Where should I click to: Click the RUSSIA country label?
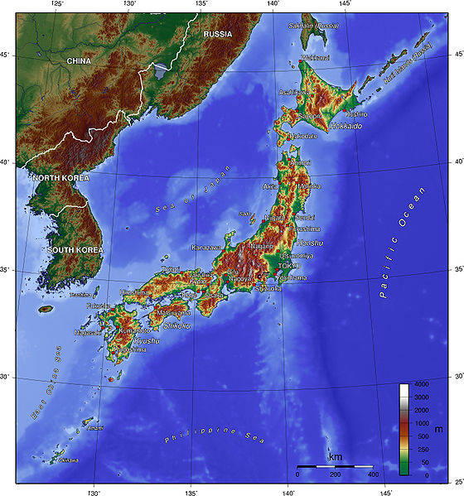coord(219,34)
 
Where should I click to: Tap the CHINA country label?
coord(80,60)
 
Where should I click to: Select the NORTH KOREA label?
coord(62,177)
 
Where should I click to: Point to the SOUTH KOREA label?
coord(75,249)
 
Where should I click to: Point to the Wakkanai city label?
coord(314,58)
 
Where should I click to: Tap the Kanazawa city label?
coord(207,248)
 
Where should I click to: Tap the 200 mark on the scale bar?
coord(336,475)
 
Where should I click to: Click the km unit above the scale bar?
coord(336,458)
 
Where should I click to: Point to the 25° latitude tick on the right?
coord(458,481)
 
